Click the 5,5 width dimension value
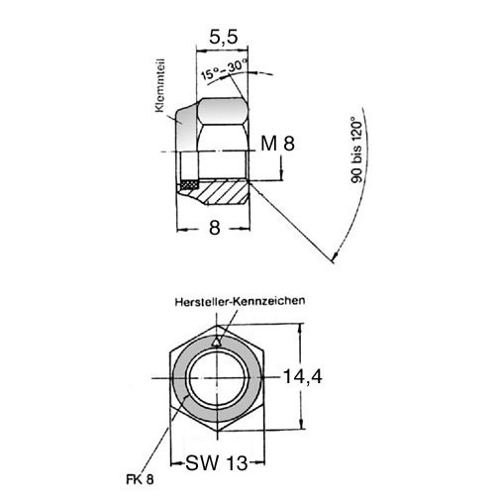224,37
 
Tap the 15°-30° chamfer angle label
225,70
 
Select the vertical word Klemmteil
159,85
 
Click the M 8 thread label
277,144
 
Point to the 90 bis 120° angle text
356,150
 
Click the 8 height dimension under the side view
215,228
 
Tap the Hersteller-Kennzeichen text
240,301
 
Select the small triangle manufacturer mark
216,343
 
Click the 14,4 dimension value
303,376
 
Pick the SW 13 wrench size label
217,462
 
